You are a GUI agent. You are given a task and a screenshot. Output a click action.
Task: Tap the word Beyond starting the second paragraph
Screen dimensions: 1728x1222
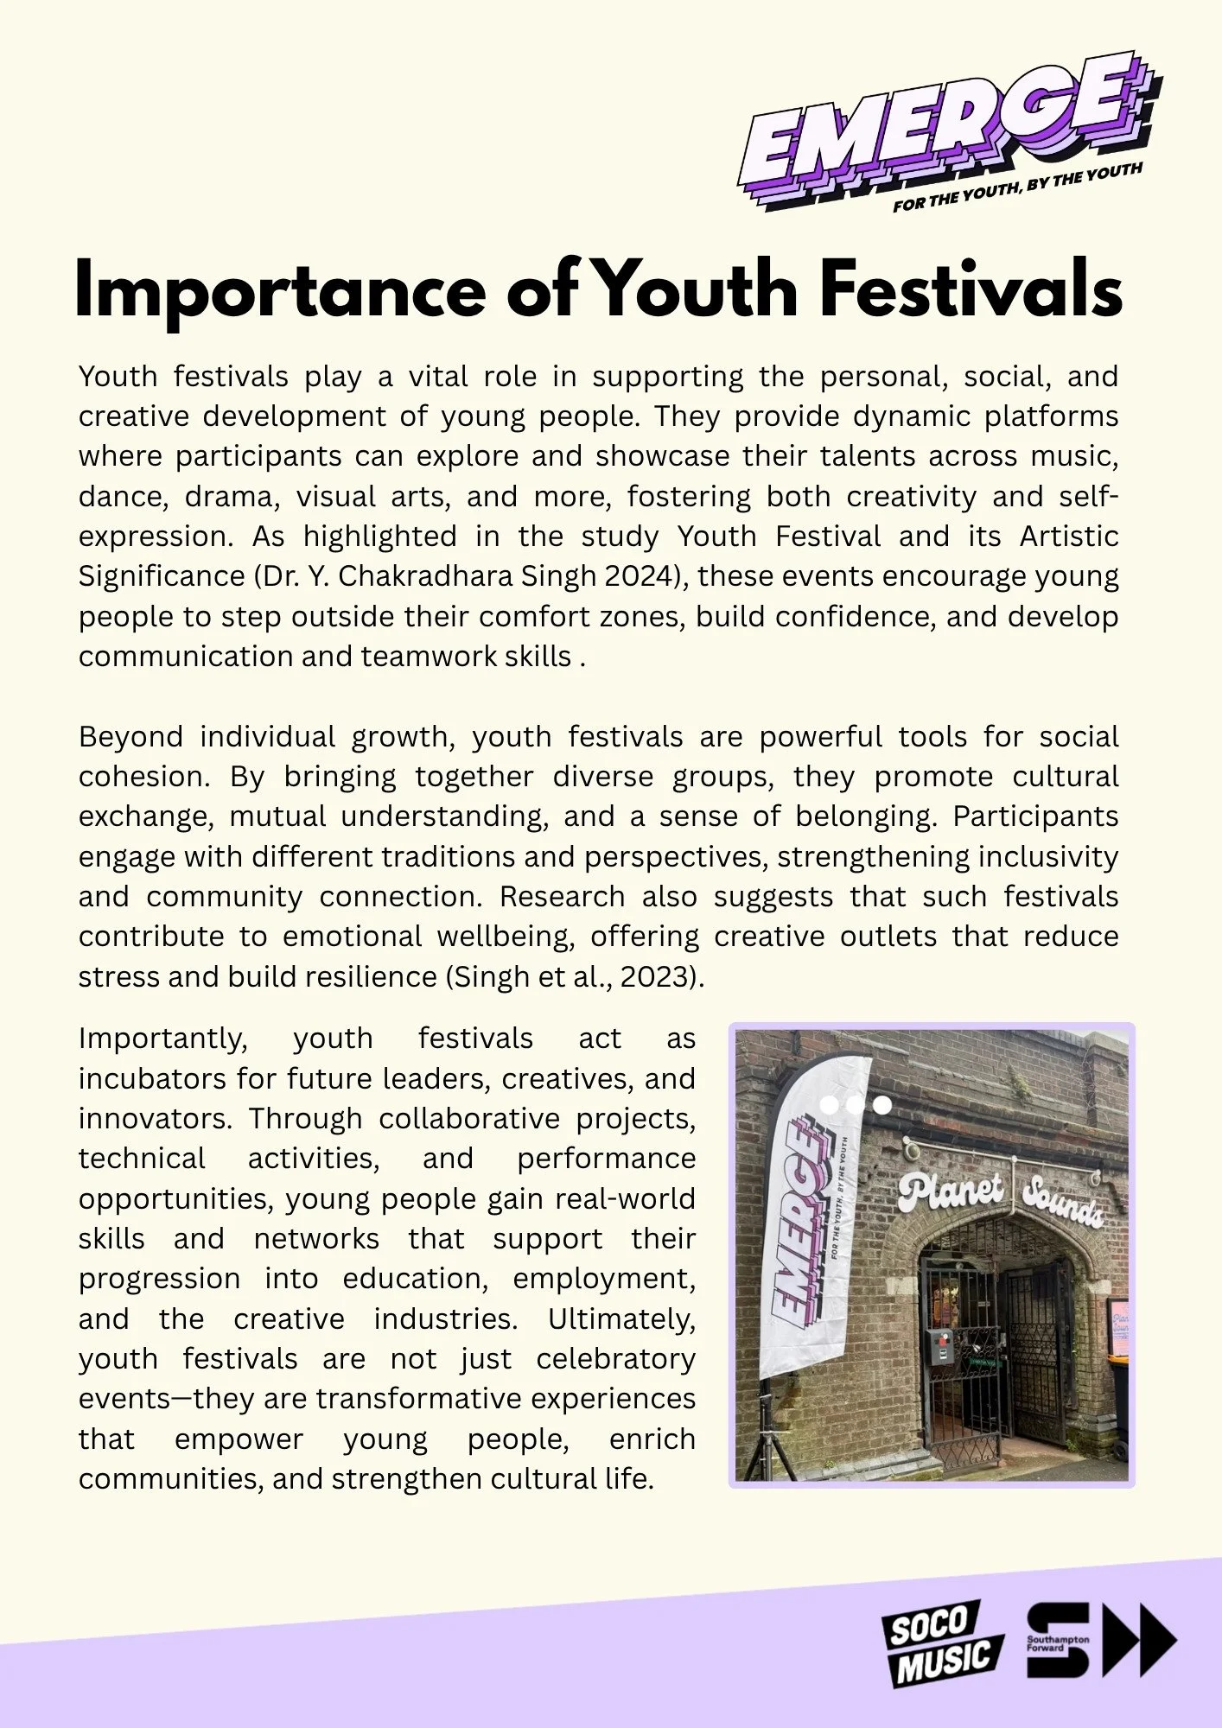[130, 737]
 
